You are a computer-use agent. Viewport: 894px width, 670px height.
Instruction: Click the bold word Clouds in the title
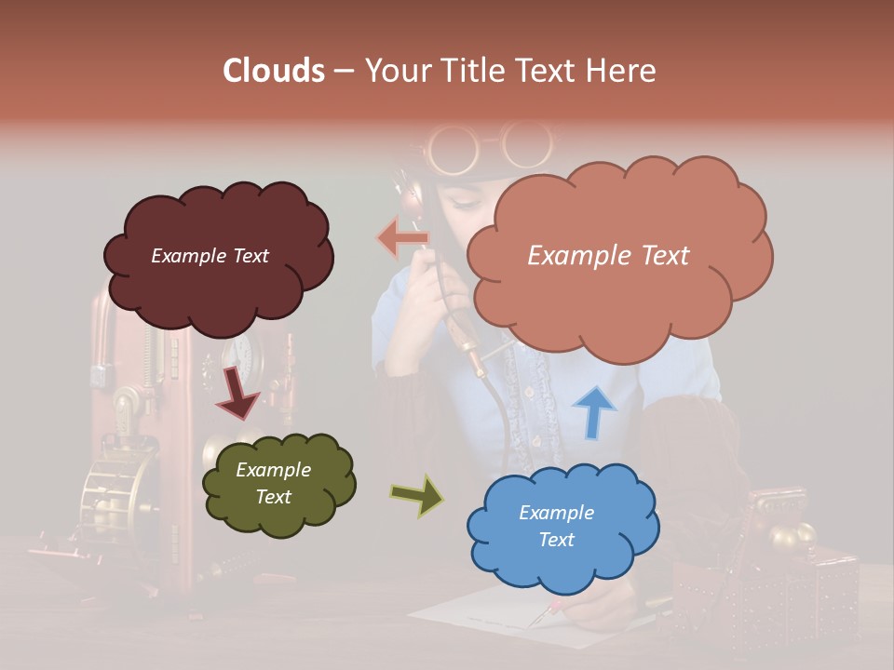274,71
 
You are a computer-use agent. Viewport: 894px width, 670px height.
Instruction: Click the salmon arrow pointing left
403,238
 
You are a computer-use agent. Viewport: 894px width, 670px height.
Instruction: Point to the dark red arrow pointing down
238,393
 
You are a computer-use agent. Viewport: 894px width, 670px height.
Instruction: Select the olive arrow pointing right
417,496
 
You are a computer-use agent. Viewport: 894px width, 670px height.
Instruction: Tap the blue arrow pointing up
594,411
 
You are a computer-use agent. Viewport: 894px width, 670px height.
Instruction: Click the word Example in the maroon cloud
189,256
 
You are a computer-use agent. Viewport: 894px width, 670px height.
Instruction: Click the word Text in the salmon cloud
658,256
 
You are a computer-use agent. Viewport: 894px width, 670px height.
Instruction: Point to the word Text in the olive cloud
274,497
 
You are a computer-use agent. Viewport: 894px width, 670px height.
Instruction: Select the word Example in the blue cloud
556,513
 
